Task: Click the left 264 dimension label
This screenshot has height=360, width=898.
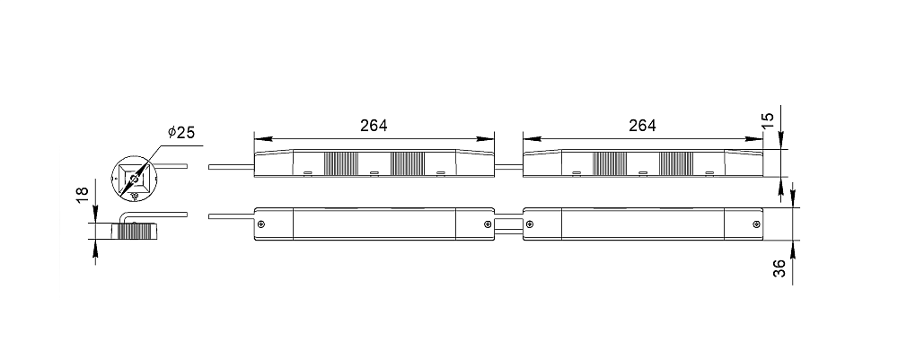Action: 374,126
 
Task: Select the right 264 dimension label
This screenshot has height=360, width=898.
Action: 642,126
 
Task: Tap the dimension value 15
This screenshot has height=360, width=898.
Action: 769,119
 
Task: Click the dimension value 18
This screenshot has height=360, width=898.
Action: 83,193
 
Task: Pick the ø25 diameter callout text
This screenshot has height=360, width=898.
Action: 181,132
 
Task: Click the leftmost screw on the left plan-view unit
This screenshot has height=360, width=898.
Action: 261,224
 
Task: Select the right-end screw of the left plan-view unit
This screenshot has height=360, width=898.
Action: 488,224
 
